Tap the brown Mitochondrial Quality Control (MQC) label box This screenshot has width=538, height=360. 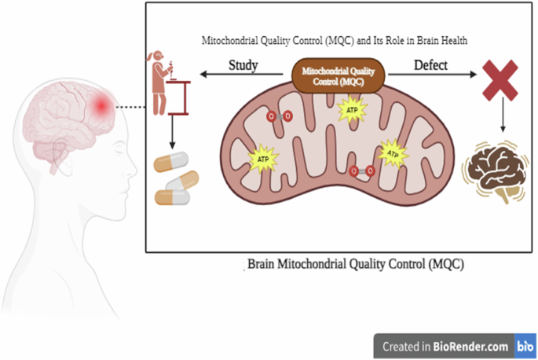(340, 75)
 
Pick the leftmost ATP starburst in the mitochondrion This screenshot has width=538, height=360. (262, 160)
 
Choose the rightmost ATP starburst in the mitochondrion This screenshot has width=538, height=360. (393, 152)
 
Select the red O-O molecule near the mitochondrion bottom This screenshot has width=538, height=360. (362, 171)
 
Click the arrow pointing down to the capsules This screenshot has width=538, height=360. (172, 133)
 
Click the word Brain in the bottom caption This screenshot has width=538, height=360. (265, 264)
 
